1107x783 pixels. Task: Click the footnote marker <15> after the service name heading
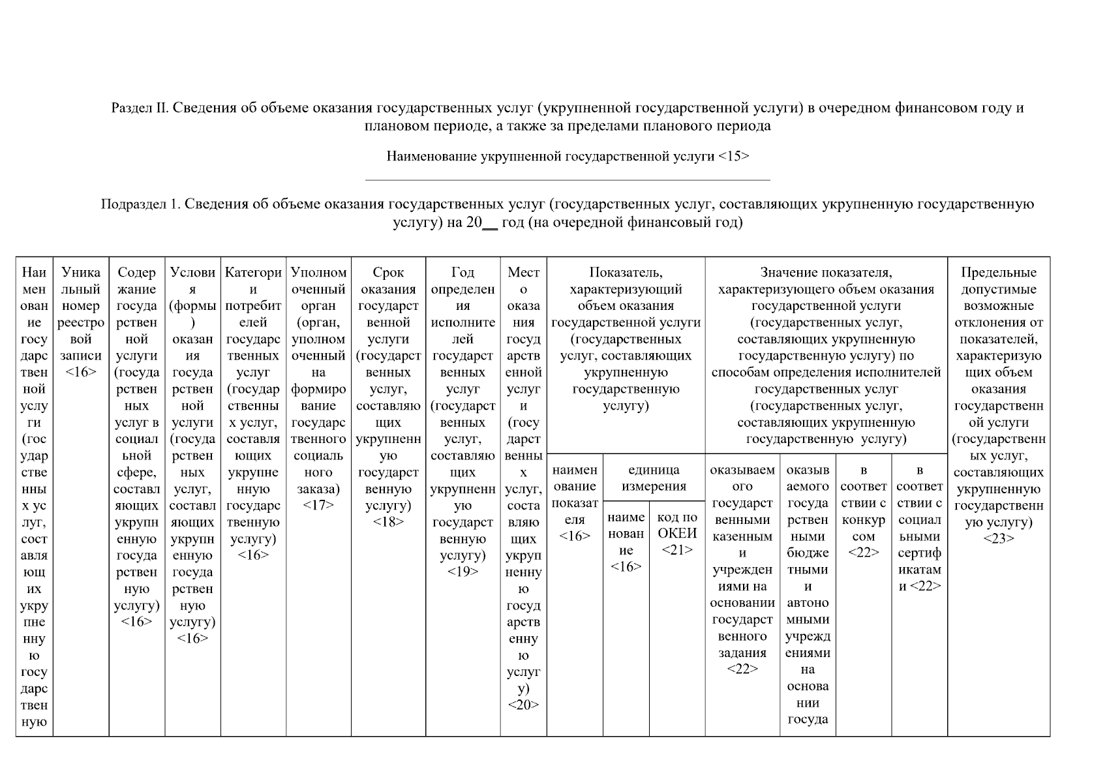tap(733, 157)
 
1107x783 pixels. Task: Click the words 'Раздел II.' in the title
tap(140, 108)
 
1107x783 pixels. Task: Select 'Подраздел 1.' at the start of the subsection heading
tap(140, 204)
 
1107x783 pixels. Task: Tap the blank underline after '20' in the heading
tap(490, 226)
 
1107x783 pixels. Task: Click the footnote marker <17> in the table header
tap(318, 506)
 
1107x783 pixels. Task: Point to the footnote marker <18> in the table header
tap(388, 522)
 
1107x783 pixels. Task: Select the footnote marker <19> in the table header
tap(463, 572)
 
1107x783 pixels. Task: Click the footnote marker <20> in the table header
tap(523, 705)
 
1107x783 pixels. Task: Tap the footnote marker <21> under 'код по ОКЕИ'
tap(677, 550)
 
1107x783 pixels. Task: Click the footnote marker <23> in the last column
tap(999, 539)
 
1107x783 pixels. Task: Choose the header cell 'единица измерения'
tap(654, 478)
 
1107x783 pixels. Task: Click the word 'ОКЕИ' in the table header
tap(677, 534)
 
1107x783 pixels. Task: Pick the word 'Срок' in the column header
tap(388, 273)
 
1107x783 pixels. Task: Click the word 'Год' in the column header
tap(463, 273)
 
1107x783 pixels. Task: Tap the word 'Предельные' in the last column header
tap(999, 273)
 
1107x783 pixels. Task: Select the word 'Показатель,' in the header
tap(626, 273)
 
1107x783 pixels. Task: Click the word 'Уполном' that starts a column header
tap(318, 273)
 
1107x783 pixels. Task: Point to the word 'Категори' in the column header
tap(253, 273)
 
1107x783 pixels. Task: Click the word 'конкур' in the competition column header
tap(863, 520)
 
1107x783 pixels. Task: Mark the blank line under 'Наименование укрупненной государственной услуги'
tap(568, 179)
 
